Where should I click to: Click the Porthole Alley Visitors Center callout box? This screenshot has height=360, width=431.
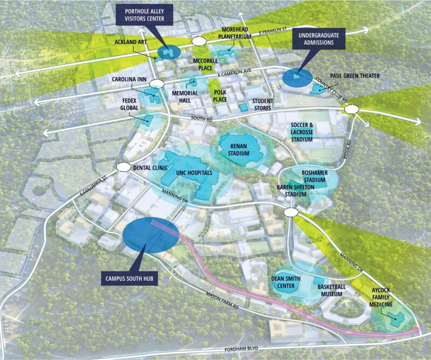[143, 14]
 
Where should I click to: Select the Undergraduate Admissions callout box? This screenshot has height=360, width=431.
[319, 38]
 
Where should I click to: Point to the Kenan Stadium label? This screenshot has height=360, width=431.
[239, 149]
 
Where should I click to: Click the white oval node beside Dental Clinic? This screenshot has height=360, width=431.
[123, 168]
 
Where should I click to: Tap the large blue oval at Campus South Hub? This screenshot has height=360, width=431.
[150, 238]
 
